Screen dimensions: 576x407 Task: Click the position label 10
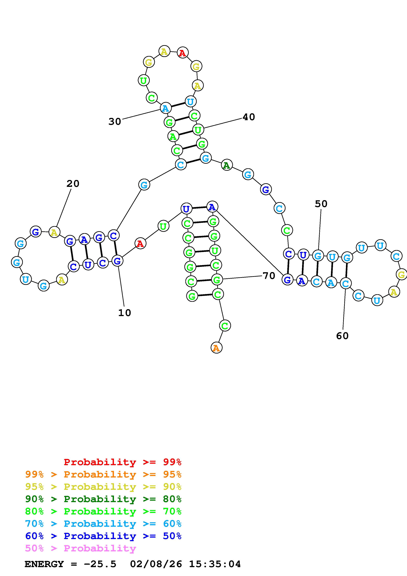125,313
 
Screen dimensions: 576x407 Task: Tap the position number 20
73,184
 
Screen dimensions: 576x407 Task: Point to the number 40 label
249,117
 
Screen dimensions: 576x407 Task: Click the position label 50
321,204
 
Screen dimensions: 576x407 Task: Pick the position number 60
342,336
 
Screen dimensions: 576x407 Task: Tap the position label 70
269,276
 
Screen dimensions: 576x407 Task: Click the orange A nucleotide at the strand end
216,348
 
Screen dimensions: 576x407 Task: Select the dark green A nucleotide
227,165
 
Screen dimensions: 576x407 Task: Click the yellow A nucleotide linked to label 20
54,232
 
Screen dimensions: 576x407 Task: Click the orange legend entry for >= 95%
103,474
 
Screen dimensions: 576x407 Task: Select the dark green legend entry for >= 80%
103,499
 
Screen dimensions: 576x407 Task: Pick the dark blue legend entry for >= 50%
103,536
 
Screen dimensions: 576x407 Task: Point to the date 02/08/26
156,564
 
